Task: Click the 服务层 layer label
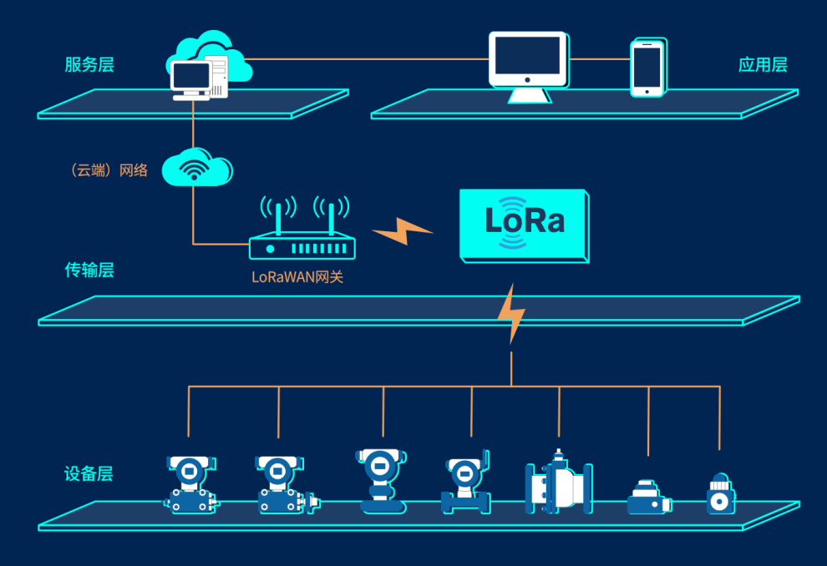point(89,65)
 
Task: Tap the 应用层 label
point(763,65)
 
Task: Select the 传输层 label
point(89,270)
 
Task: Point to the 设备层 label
point(89,474)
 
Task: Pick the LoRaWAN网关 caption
point(297,277)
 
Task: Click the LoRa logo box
point(525,224)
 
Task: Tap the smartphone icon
point(647,67)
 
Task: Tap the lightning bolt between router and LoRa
point(403,230)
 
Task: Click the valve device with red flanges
point(559,484)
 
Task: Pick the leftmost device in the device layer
point(191,484)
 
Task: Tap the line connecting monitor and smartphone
point(600,59)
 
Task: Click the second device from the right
point(648,497)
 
